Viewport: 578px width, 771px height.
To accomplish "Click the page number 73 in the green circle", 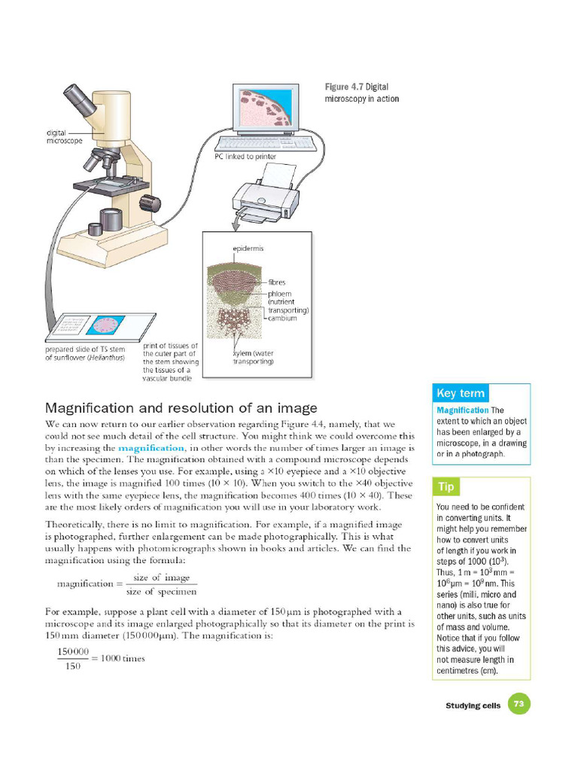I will [x=518, y=705].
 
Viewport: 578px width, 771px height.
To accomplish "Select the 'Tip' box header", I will [x=446, y=487].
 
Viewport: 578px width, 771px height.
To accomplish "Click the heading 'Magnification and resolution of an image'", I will [x=181, y=408].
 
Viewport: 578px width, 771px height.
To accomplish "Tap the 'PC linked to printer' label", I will [x=245, y=157].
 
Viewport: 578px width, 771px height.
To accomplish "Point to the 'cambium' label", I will [x=282, y=318].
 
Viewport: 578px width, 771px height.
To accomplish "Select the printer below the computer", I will [x=265, y=200].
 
